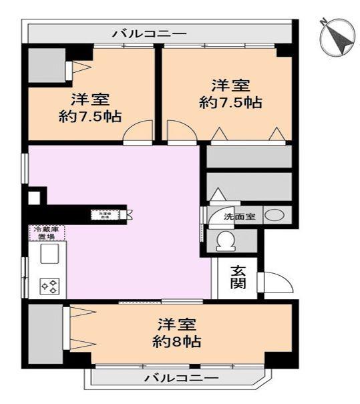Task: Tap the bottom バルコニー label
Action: pyautogui.click(x=181, y=379)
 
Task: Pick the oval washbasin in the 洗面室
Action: pyautogui.click(x=275, y=216)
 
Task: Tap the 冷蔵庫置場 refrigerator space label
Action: pyautogui.click(x=46, y=232)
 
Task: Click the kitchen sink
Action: pyautogui.click(x=50, y=254)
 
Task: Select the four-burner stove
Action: pyautogui.click(x=50, y=286)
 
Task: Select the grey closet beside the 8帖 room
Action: pyautogui.click(x=45, y=334)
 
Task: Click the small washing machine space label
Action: pyautogui.click(x=105, y=215)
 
